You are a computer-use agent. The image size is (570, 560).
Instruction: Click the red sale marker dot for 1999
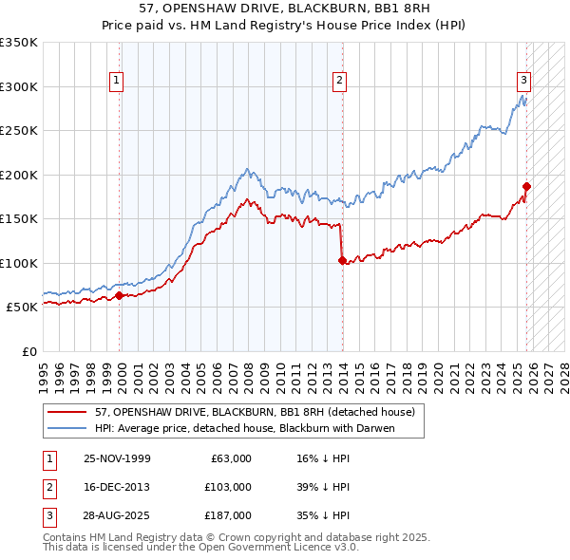coord(120,296)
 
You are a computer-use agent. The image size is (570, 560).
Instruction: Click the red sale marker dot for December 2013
coord(342,260)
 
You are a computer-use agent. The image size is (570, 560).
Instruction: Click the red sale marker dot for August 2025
coord(526,186)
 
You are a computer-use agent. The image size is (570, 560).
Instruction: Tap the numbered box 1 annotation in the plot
coord(116,82)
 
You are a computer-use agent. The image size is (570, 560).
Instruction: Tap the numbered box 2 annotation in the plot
coord(339,82)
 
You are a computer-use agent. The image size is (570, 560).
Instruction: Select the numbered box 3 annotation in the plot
coord(523,82)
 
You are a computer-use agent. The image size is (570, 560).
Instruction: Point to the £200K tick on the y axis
coord(19,175)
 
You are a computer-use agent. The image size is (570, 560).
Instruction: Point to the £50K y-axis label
coord(23,308)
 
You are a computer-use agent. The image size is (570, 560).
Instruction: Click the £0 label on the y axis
coord(30,351)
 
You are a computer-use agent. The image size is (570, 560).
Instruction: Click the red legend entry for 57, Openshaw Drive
coord(255,412)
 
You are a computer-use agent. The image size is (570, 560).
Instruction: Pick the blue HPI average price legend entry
coord(244,428)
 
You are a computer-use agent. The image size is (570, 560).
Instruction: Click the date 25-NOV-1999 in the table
coord(117,457)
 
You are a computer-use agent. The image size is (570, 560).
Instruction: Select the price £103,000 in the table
coord(227,487)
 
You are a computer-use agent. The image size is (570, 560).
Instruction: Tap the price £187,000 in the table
coord(227,515)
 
